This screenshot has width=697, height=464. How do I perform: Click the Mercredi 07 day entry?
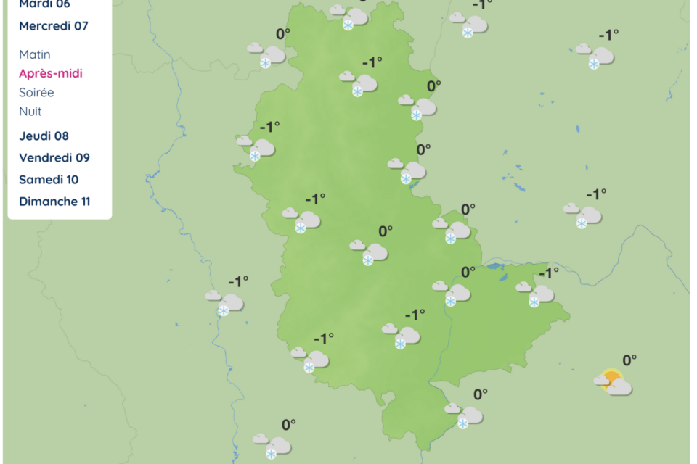[53, 26]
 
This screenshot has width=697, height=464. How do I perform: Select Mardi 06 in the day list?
[44, 4]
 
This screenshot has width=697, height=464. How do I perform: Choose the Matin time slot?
[35, 54]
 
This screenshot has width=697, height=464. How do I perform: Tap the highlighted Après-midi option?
[51, 73]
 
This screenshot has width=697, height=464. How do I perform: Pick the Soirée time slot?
[36, 92]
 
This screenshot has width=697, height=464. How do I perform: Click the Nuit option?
[30, 111]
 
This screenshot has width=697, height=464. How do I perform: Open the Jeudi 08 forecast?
[44, 136]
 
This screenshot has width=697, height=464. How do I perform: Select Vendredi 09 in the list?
[54, 157]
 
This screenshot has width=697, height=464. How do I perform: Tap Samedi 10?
[49, 179]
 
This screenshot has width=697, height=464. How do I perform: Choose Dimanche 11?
[54, 202]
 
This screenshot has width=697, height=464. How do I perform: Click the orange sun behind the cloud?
[612, 377]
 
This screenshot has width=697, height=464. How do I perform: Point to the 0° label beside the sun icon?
[629, 360]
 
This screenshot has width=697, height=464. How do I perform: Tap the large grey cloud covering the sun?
[619, 388]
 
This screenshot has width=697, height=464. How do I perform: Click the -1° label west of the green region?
[239, 281]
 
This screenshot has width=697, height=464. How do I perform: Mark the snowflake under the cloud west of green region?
[224, 310]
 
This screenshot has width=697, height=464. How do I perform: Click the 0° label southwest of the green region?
[289, 424]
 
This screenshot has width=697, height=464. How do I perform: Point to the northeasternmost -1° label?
[608, 34]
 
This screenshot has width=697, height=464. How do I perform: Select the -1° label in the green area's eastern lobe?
[549, 273]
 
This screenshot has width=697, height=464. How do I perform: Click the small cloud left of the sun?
[601, 379]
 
